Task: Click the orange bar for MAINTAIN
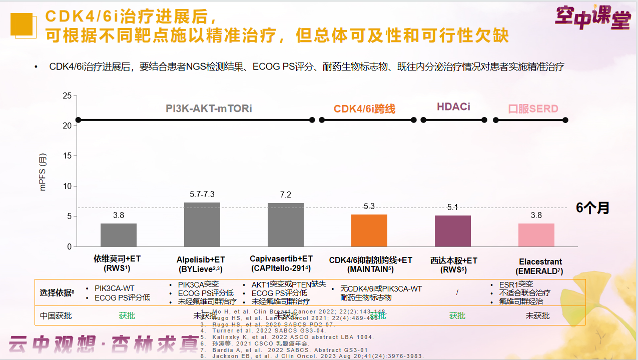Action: pyautogui.click(x=369, y=230)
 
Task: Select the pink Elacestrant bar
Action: pyautogui.click(x=536, y=235)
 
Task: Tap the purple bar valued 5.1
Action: pyautogui.click(x=452, y=231)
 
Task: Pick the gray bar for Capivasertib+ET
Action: pyautogui.click(x=286, y=225)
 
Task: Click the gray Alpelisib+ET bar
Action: pyautogui.click(x=202, y=224)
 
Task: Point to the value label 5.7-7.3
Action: pyautogui.click(x=202, y=194)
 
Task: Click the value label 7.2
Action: pyautogui.click(x=286, y=194)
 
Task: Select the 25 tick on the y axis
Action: pyautogui.click(x=67, y=95)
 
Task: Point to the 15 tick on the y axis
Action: pyautogui.click(x=67, y=156)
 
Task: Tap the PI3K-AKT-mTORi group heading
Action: pyautogui.click(x=209, y=108)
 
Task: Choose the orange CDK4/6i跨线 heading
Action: pyautogui.click(x=364, y=108)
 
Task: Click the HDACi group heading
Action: pyautogui.click(x=453, y=106)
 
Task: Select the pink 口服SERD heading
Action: pyautogui.click(x=533, y=108)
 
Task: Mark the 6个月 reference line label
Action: pyautogui.click(x=592, y=208)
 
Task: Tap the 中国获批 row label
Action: pyautogui.click(x=56, y=315)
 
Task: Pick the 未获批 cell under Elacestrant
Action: pyautogui.click(x=537, y=315)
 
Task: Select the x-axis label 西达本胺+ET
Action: pyautogui.click(x=453, y=260)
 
